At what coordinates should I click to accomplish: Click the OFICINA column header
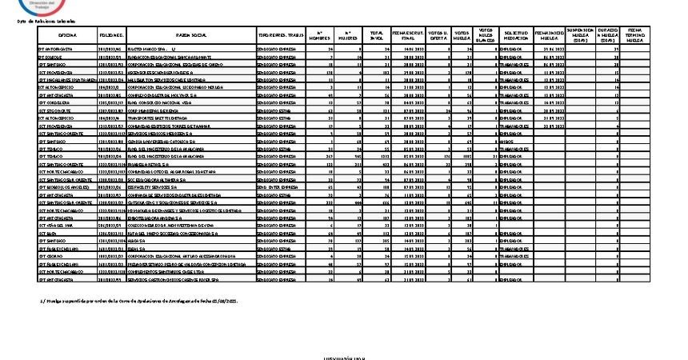pos(66,36)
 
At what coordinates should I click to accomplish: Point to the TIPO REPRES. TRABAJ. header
pos(281,36)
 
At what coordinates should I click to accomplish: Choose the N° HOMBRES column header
pos(323,36)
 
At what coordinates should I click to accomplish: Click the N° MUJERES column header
pos(348,36)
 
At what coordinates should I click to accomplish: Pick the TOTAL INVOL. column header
pos(377,36)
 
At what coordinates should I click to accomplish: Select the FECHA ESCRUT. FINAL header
pos(408,36)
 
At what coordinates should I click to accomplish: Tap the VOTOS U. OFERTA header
pos(438,36)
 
